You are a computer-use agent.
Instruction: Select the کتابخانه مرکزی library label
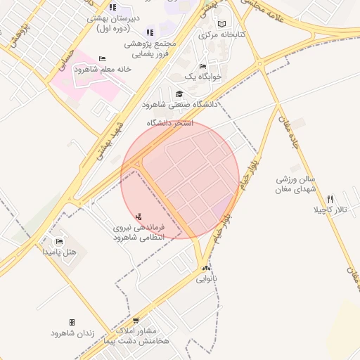221,34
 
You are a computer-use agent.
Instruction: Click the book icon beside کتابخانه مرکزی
222,24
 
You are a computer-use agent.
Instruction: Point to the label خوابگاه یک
203,76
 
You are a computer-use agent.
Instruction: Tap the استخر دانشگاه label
169,123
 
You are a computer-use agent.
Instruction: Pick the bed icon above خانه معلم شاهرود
102,59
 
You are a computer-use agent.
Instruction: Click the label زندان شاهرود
72,333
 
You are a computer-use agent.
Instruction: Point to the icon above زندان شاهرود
72,322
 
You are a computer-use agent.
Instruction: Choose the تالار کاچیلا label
330,210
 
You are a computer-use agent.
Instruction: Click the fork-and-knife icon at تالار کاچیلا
330,200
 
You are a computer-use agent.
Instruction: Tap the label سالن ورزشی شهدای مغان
297,185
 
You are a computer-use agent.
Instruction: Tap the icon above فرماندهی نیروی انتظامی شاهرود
138,217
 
